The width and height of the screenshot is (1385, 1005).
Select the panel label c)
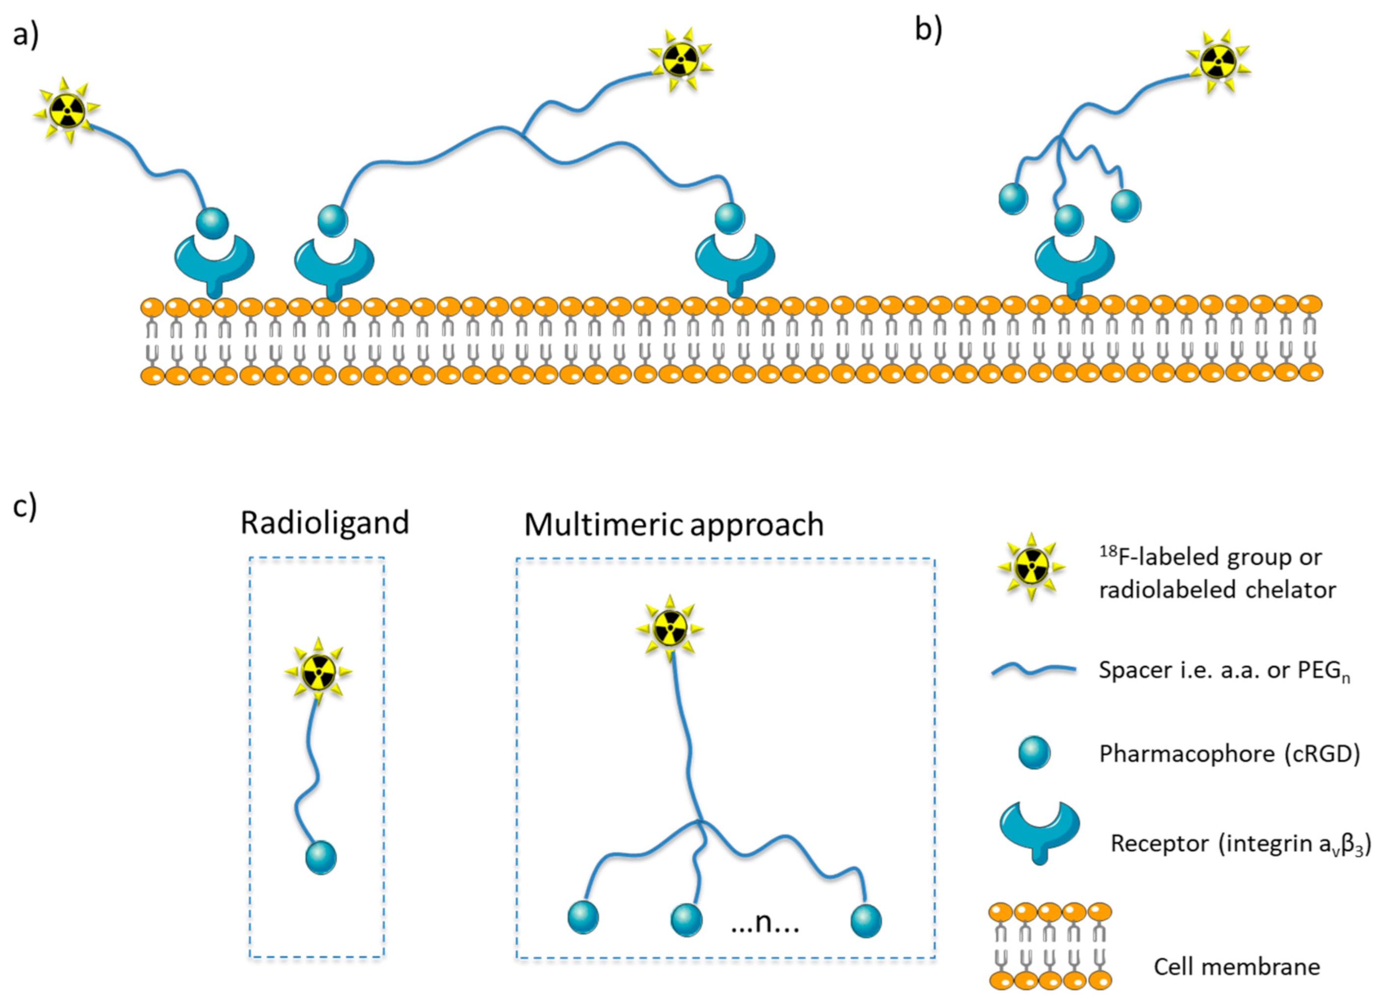tap(25, 507)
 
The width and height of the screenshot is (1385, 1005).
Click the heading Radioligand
tap(324, 523)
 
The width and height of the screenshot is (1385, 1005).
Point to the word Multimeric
tap(602, 525)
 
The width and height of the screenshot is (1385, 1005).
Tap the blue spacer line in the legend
tap(1033, 671)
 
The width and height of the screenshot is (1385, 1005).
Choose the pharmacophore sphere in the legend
tap(1035, 752)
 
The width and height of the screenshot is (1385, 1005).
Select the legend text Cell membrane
tap(1237, 967)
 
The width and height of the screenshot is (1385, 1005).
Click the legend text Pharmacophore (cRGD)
tap(1230, 754)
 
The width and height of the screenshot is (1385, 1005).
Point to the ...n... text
tap(765, 922)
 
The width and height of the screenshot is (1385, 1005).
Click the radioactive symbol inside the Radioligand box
tap(318, 671)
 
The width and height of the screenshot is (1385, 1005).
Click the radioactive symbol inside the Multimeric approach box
tap(670, 628)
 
